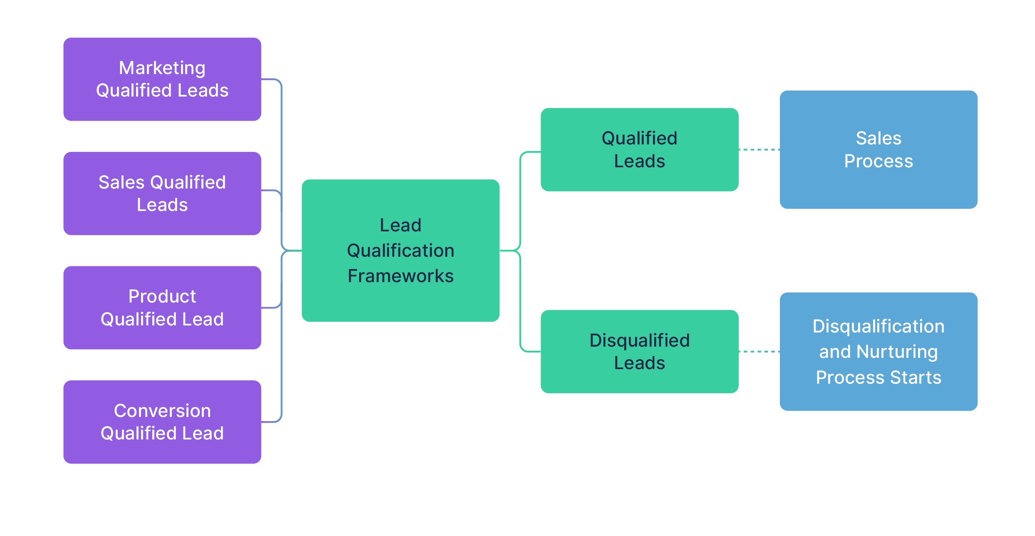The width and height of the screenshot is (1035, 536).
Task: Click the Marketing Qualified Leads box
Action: coord(162,79)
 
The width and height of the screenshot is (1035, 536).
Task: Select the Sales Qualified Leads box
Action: coord(162,194)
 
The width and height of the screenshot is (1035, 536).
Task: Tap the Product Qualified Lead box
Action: coord(162,308)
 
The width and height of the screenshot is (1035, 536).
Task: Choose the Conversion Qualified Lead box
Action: coord(162,422)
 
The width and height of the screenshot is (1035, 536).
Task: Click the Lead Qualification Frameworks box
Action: coord(400,251)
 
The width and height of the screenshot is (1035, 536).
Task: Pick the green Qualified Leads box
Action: coord(639,149)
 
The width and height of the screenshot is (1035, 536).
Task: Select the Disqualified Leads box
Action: coord(639,352)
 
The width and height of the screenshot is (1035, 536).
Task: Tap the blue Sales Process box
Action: coord(878,149)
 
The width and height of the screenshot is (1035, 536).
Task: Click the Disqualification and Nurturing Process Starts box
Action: coord(878,352)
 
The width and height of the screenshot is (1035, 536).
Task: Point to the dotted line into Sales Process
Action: coord(759,149)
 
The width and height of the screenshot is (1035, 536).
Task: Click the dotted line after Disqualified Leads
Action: coord(759,352)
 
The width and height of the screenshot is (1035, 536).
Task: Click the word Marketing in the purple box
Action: coord(162,68)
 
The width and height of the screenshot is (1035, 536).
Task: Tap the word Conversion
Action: coord(162,411)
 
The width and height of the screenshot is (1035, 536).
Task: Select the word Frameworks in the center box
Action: coord(400,276)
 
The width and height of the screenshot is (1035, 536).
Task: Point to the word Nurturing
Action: coord(897,352)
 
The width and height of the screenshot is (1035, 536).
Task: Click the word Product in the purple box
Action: coord(162,296)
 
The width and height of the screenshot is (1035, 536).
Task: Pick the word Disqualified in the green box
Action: coord(639,340)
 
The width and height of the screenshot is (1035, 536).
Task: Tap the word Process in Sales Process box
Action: coord(878,161)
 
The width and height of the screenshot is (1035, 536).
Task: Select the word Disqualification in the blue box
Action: coord(878,326)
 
